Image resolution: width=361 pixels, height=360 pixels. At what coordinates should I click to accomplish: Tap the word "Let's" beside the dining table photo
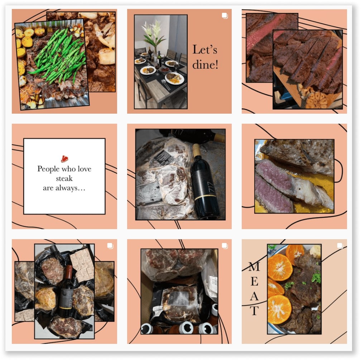pos(205,49)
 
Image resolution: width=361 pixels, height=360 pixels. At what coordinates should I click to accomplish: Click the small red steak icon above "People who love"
pos(64,158)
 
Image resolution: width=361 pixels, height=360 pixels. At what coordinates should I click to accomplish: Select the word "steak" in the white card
pos(64,178)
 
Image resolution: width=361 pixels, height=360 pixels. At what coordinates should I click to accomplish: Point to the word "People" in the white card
pos(49,169)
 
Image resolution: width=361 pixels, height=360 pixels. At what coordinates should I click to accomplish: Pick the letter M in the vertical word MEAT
pos(254,266)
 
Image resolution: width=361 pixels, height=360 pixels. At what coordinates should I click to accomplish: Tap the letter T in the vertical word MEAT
pos(254,310)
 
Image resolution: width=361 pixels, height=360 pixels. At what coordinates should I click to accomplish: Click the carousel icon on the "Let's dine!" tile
pos(225,15)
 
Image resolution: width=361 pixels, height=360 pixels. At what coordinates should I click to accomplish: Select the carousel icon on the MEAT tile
pos(340,246)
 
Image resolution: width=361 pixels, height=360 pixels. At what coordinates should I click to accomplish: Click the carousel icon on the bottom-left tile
pos(110,246)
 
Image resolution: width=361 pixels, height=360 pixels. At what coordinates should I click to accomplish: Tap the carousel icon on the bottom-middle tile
pos(225,246)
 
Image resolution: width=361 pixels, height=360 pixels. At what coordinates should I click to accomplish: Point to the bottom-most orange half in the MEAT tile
pos(279,309)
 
